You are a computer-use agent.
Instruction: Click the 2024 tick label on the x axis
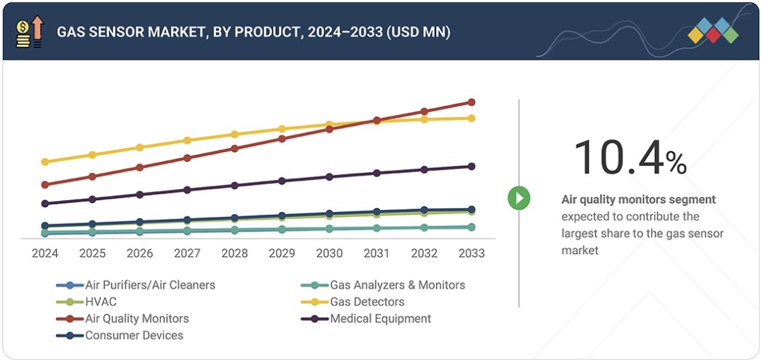coord(45,253)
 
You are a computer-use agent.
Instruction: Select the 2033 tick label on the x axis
coord(471,253)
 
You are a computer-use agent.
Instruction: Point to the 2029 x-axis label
coord(282,253)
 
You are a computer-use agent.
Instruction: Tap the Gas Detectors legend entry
coord(366,302)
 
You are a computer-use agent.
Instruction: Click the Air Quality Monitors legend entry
coord(136,319)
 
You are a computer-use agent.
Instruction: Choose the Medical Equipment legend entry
coord(380,319)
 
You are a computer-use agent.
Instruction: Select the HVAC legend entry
coord(100,302)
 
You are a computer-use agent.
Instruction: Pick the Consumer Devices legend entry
coord(133,336)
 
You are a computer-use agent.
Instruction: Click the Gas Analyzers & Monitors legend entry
coord(396,285)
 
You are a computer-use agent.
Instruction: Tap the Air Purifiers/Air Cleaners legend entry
coord(149,285)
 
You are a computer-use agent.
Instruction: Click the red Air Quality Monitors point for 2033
coord(471,103)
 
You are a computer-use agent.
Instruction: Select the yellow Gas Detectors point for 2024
coord(45,162)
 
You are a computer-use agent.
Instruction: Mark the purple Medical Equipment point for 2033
coord(471,167)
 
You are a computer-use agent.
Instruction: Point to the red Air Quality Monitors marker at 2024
coord(45,185)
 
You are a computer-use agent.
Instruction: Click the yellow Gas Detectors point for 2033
coord(471,119)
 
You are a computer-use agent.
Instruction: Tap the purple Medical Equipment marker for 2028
coord(234,186)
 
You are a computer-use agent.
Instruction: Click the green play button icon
coord(518,198)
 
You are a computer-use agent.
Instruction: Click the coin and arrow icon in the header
coord(29,32)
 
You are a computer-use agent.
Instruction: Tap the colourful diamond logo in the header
coord(712,31)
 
